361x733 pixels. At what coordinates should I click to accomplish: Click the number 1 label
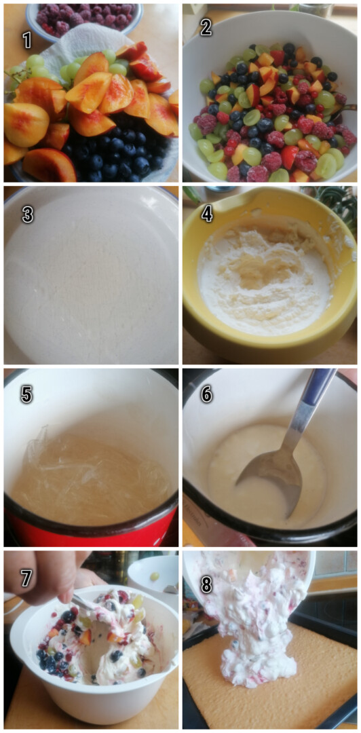point(26,40)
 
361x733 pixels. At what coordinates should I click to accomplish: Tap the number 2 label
point(206,26)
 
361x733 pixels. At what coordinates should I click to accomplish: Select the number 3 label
point(27,214)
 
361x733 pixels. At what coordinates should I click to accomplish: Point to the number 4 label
point(206,214)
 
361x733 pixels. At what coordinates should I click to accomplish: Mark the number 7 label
point(26,578)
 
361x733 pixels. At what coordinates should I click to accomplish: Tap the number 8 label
point(206,578)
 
